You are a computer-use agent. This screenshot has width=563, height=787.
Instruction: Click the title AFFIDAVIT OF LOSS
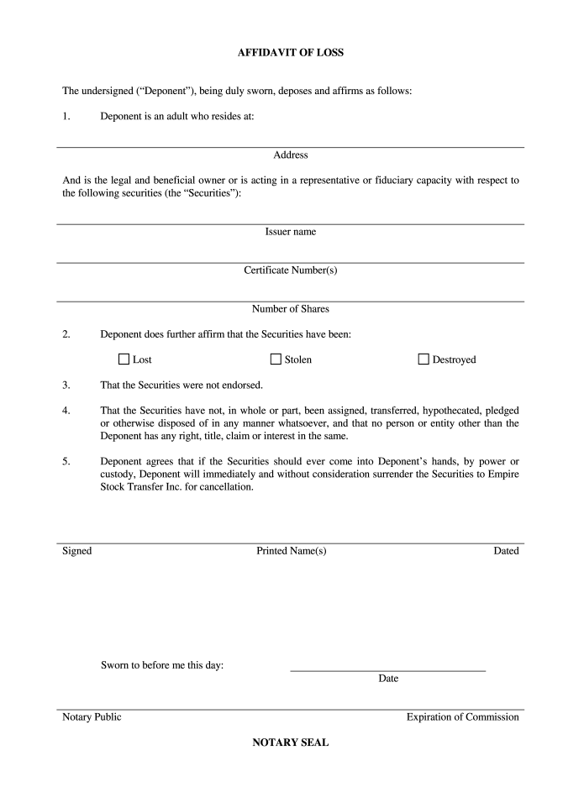291,52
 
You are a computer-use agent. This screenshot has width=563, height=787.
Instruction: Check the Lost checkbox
124,359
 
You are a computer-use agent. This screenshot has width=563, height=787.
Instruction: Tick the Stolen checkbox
276,359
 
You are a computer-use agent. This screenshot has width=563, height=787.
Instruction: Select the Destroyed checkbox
424,359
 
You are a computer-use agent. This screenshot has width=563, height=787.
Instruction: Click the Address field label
291,155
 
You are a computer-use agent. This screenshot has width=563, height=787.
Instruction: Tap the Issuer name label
291,231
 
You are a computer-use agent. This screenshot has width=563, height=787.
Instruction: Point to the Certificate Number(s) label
291,270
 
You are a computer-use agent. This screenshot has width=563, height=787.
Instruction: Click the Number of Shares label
291,308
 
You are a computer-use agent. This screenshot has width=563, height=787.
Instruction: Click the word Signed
76,550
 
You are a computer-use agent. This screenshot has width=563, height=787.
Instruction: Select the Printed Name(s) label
291,550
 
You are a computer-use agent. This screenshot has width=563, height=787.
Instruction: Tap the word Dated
506,550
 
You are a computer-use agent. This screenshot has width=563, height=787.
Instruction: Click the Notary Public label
92,716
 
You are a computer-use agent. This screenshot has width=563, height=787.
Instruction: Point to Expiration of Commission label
462,716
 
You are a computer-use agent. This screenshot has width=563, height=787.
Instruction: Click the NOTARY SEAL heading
291,742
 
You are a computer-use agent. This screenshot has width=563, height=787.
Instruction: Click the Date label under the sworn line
387,678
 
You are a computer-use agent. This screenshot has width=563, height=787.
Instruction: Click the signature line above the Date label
387,670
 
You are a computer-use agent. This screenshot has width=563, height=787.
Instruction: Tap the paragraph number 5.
66,461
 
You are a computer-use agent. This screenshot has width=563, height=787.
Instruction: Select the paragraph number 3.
66,386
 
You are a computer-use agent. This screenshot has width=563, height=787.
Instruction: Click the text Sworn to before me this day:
161,666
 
